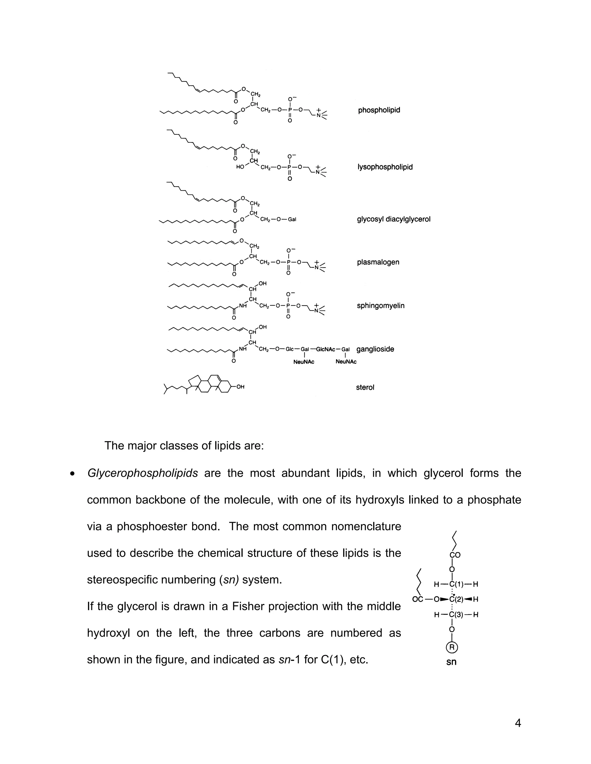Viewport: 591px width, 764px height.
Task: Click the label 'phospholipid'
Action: [379, 110]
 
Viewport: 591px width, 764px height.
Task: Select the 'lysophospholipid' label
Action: [385, 167]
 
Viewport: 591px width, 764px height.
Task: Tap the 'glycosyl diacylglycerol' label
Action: [394, 219]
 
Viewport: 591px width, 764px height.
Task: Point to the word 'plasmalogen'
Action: [378, 262]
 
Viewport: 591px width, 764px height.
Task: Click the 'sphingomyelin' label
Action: [381, 305]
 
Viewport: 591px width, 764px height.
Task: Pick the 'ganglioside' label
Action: [375, 349]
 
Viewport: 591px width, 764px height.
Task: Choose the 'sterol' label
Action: [365, 387]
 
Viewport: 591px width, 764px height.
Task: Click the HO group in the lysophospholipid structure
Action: [240, 167]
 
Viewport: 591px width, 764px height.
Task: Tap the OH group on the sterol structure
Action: [240, 387]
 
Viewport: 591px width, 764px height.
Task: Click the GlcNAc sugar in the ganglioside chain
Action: [325, 349]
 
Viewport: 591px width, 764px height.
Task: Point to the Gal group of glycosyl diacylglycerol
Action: [292, 220]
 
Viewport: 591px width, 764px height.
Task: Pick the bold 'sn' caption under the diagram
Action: [451, 662]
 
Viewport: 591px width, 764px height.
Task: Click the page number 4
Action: [518, 723]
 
